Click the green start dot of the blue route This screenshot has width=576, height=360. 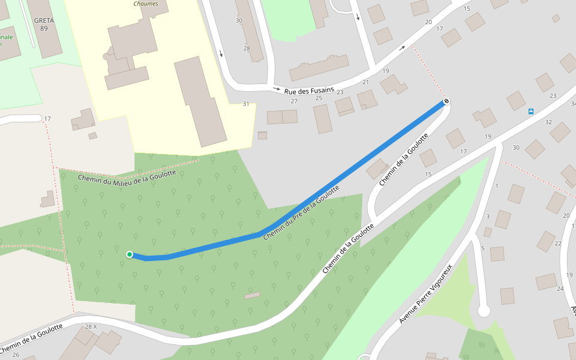point(130,254)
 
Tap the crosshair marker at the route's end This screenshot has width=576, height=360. point(446,101)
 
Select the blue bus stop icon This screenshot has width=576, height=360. point(531,112)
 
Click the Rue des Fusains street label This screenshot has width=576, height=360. point(309,91)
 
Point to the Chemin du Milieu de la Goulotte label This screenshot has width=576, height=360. point(127,177)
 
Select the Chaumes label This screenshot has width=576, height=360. point(146,3)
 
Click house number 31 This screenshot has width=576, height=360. point(245,104)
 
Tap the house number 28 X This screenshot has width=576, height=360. point(91,326)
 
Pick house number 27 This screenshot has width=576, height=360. point(294,101)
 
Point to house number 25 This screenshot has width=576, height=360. point(319,98)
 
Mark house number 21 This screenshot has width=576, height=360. point(365,82)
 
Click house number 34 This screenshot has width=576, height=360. point(573,104)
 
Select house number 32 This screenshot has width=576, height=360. point(548,122)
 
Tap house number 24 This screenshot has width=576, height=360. point(560,289)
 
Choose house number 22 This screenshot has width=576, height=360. point(558,243)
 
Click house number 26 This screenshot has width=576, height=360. point(16,355)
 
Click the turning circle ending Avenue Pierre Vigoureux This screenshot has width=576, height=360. point(484,311)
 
